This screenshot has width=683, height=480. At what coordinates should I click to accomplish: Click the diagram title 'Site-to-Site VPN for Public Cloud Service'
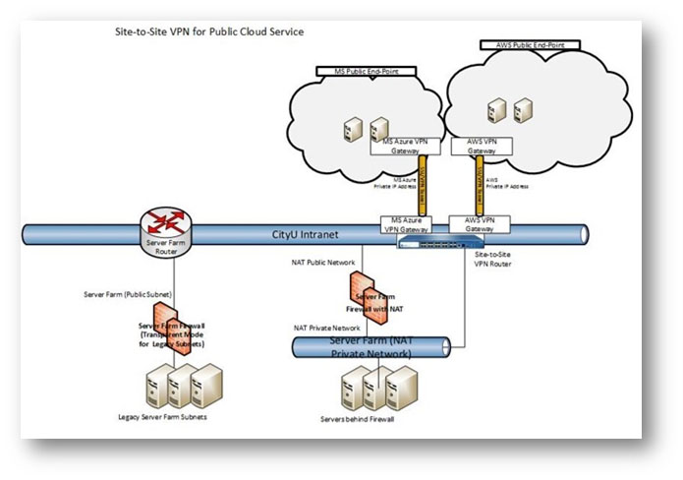coord(209,31)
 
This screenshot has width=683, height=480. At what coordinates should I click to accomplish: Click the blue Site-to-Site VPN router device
coord(441,239)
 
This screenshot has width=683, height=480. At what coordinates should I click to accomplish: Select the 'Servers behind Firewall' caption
coord(370,419)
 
